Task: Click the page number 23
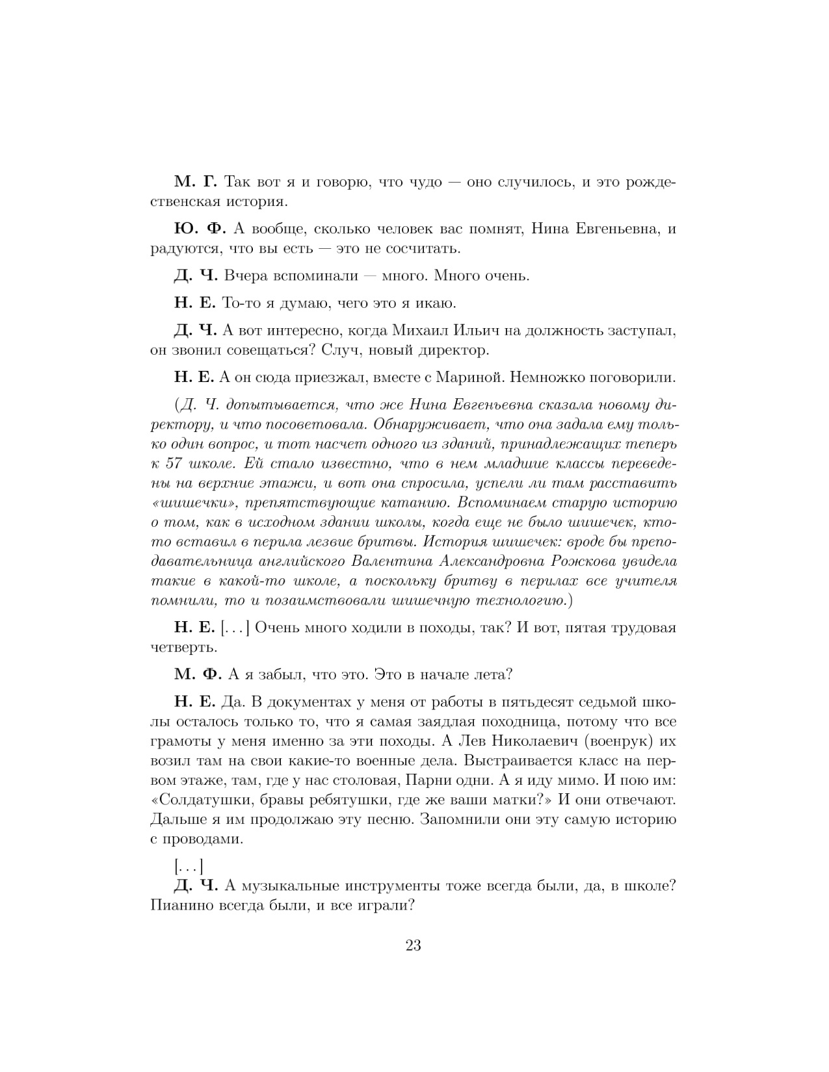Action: pos(414,945)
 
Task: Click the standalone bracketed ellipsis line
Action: pos(189,866)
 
